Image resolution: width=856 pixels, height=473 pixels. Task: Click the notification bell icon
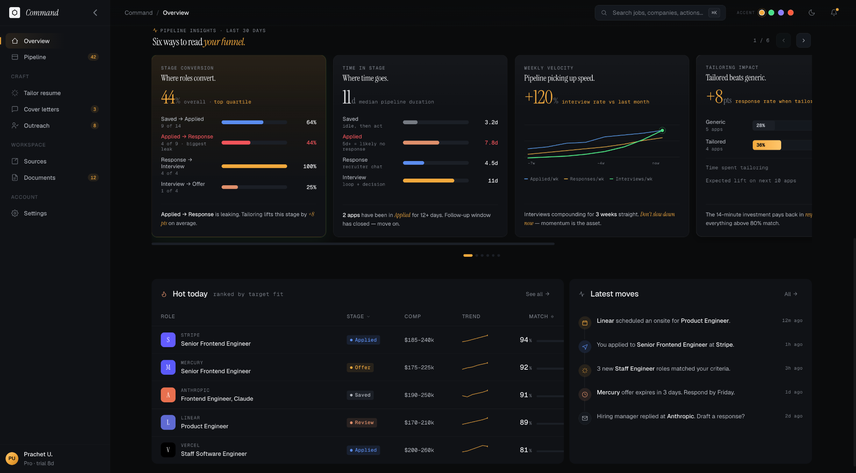(834, 13)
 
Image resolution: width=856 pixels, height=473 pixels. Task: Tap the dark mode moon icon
(812, 13)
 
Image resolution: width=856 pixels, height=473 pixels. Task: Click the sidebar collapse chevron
(95, 13)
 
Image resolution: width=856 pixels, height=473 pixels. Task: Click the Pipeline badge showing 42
(93, 57)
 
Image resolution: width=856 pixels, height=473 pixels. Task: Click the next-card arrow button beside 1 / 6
(803, 41)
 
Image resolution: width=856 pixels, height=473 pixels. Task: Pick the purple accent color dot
(781, 13)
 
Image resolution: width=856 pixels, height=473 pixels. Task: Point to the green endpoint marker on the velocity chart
(662, 130)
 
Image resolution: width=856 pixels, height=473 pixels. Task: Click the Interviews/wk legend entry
(631, 179)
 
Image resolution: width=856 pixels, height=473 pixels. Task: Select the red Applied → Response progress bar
(236, 143)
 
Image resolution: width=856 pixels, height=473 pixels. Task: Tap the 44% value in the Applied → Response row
(311, 143)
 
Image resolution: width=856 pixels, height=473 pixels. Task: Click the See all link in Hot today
(538, 294)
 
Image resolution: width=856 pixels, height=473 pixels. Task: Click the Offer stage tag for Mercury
(360, 368)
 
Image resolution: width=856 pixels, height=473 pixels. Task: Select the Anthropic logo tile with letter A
(168, 395)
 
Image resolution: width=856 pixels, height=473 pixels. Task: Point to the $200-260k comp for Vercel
(419, 450)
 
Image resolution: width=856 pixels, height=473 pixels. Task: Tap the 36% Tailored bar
(767, 145)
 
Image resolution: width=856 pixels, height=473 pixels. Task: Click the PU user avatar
(12, 458)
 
